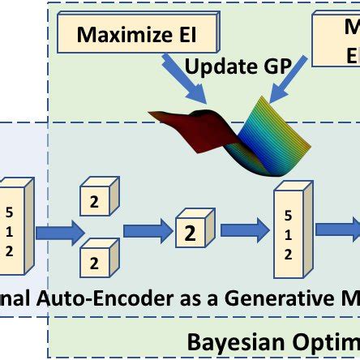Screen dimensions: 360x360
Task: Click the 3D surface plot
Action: click(235, 134)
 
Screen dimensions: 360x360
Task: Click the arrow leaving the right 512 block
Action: click(336, 230)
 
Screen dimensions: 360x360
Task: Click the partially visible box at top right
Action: click(336, 41)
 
